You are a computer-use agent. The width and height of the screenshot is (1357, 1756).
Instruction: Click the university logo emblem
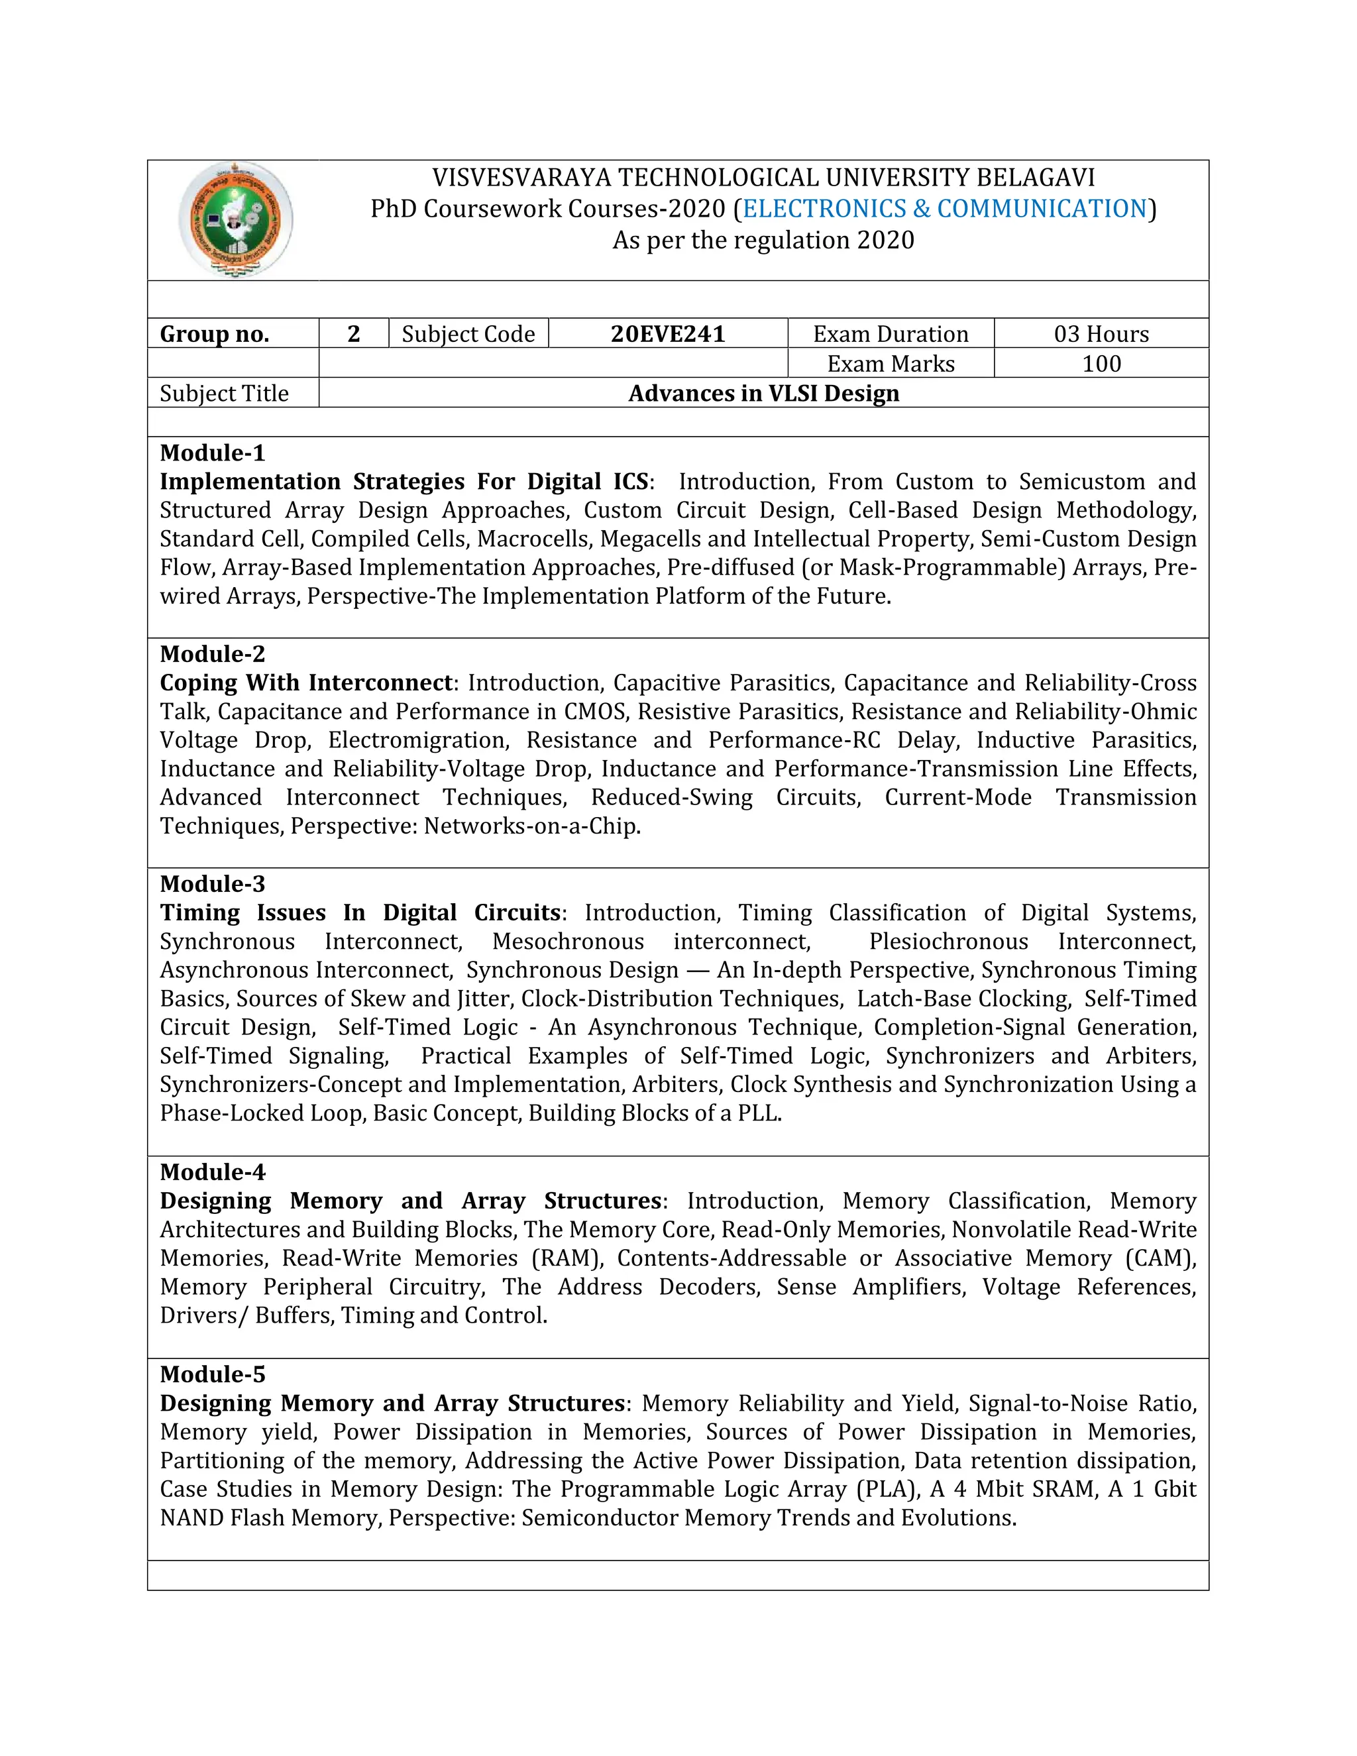[235, 219]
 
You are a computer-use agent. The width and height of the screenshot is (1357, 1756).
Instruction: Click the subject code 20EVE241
[667, 334]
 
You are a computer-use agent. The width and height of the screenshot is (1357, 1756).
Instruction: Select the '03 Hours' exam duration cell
[1101, 334]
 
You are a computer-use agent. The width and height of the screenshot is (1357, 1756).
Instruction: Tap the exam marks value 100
[1101, 363]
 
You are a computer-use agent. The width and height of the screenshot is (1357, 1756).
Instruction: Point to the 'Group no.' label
[215, 334]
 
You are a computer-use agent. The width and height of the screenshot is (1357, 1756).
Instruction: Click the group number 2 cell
[353, 334]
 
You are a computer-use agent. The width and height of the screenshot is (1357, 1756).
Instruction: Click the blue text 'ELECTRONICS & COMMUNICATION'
[944, 209]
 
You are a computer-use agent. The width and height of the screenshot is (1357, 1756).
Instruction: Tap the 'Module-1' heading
[212, 453]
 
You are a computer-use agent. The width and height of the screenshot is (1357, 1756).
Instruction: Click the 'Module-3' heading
[212, 883]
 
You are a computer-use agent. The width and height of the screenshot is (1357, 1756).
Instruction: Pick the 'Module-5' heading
[212, 1374]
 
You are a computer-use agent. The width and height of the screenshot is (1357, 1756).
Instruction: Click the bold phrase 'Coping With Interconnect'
[305, 683]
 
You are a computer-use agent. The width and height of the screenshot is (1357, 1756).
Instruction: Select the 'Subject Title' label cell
[225, 393]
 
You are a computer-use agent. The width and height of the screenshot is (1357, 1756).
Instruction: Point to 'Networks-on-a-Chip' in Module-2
[531, 826]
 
